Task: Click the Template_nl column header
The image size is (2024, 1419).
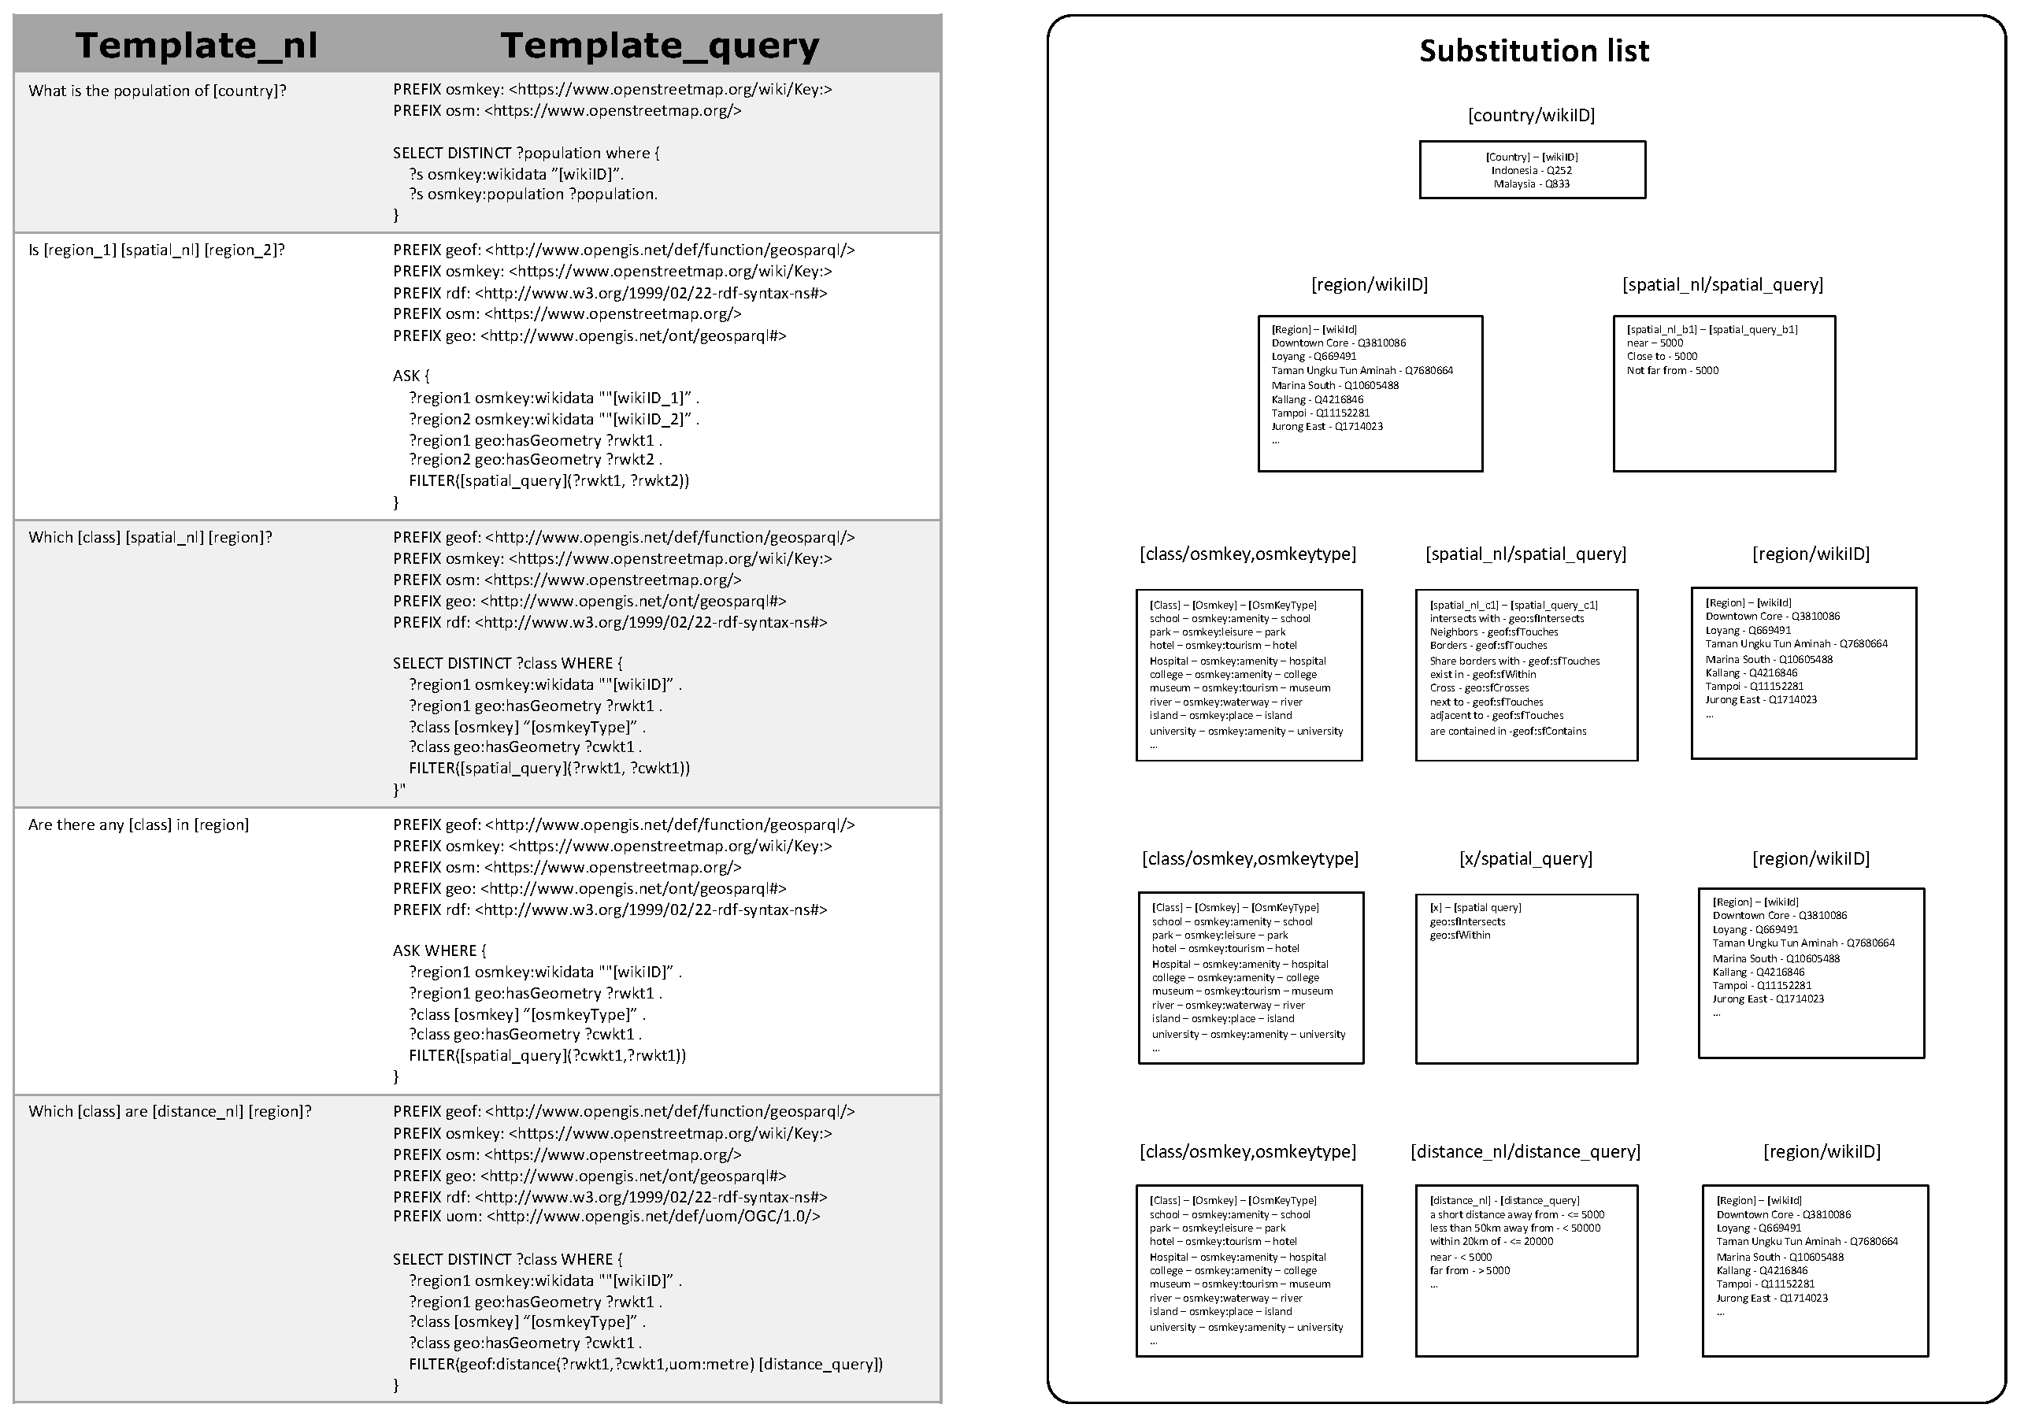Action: (197, 45)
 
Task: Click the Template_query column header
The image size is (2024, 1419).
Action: (659, 45)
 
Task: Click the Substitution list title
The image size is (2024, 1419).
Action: (1534, 51)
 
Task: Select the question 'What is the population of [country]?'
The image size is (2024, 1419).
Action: (157, 91)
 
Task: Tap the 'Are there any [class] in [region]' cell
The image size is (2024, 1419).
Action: (139, 825)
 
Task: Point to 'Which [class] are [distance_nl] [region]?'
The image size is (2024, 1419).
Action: (169, 1111)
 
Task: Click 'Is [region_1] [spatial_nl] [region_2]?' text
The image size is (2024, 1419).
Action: (156, 250)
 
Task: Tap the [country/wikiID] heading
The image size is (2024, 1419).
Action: (1531, 116)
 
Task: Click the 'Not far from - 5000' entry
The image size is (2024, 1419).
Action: (1672, 371)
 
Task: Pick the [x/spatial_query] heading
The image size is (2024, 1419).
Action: (1526, 858)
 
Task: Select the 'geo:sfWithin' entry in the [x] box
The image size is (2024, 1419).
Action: (1460, 936)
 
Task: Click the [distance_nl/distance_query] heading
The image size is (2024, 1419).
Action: (1525, 1152)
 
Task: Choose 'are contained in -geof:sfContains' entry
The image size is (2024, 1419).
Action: (1507, 732)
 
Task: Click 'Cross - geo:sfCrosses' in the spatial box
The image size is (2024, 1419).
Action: (1479, 688)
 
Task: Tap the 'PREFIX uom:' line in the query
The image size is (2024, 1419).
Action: (606, 1217)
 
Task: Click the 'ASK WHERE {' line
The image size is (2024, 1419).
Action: (439, 951)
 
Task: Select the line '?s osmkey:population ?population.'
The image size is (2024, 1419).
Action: (532, 195)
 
